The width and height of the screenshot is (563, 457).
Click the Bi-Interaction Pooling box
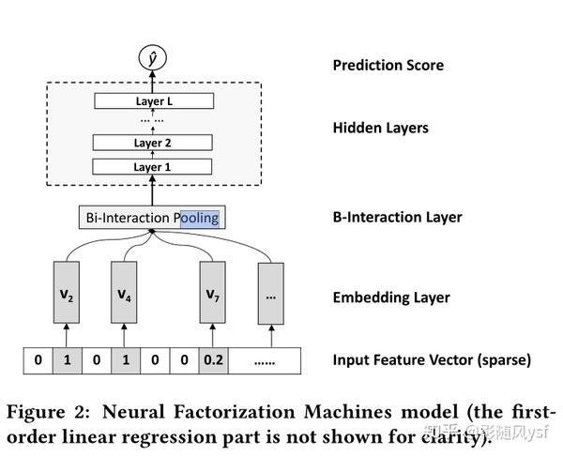click(x=152, y=218)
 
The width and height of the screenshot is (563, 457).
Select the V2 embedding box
click(x=68, y=294)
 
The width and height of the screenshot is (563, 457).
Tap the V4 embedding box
click(x=124, y=294)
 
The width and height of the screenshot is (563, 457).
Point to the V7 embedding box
click(x=213, y=294)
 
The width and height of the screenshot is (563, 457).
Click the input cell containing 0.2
click(x=213, y=359)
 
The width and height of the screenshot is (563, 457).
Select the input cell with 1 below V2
click(x=68, y=359)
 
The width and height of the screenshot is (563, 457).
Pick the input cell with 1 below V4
click(x=124, y=359)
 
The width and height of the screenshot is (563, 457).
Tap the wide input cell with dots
click(x=264, y=359)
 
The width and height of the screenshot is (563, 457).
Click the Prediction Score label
click(x=388, y=66)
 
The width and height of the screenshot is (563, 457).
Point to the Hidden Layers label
click(x=380, y=128)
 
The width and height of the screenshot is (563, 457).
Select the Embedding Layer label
click(x=391, y=297)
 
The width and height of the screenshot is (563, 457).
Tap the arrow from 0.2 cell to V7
click(x=213, y=335)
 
